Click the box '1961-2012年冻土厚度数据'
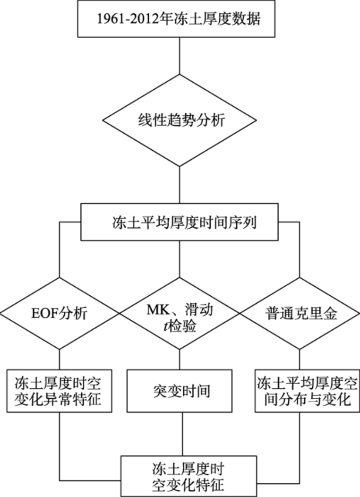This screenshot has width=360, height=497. (180, 19)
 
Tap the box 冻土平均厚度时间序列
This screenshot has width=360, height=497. (180, 221)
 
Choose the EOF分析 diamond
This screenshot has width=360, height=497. (60, 314)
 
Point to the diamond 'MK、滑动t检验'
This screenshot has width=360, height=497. (180, 314)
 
